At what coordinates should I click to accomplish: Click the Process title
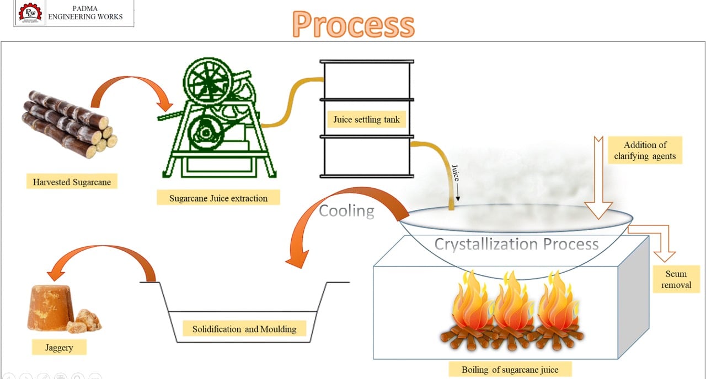(x=354, y=24)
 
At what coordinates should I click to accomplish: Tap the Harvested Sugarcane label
(x=72, y=182)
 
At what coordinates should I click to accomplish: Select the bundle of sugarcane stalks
(x=69, y=124)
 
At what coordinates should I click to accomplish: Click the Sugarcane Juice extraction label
(x=218, y=198)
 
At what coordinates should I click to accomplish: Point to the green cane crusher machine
(x=217, y=118)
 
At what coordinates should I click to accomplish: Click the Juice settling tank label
(x=367, y=120)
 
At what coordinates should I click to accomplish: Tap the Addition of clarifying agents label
(x=645, y=150)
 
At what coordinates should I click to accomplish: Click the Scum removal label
(x=676, y=279)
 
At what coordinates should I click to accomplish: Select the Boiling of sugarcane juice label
(x=510, y=369)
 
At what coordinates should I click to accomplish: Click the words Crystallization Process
(x=516, y=244)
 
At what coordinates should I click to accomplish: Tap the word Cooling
(x=347, y=210)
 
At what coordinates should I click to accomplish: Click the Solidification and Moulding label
(x=244, y=329)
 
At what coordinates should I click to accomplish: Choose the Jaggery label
(x=59, y=347)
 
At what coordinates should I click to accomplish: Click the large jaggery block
(x=50, y=307)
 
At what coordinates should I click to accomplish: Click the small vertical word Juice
(x=456, y=173)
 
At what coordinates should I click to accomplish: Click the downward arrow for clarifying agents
(x=598, y=178)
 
